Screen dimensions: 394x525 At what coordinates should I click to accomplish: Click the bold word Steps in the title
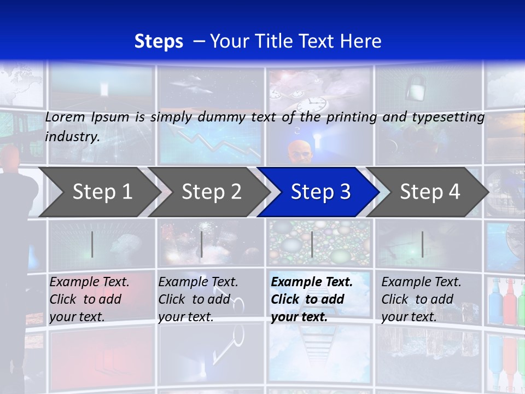159,42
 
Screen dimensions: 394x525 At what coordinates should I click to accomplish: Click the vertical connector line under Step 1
92,244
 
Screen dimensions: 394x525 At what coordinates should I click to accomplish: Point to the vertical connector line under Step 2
202,244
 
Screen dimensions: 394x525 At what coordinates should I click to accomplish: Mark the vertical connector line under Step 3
312,244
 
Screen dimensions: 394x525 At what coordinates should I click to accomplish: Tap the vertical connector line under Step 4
422,244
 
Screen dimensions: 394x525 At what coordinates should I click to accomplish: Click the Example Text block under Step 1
89,299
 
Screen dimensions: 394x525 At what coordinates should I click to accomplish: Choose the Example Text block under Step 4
421,299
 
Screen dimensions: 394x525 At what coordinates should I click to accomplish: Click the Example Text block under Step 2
198,299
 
